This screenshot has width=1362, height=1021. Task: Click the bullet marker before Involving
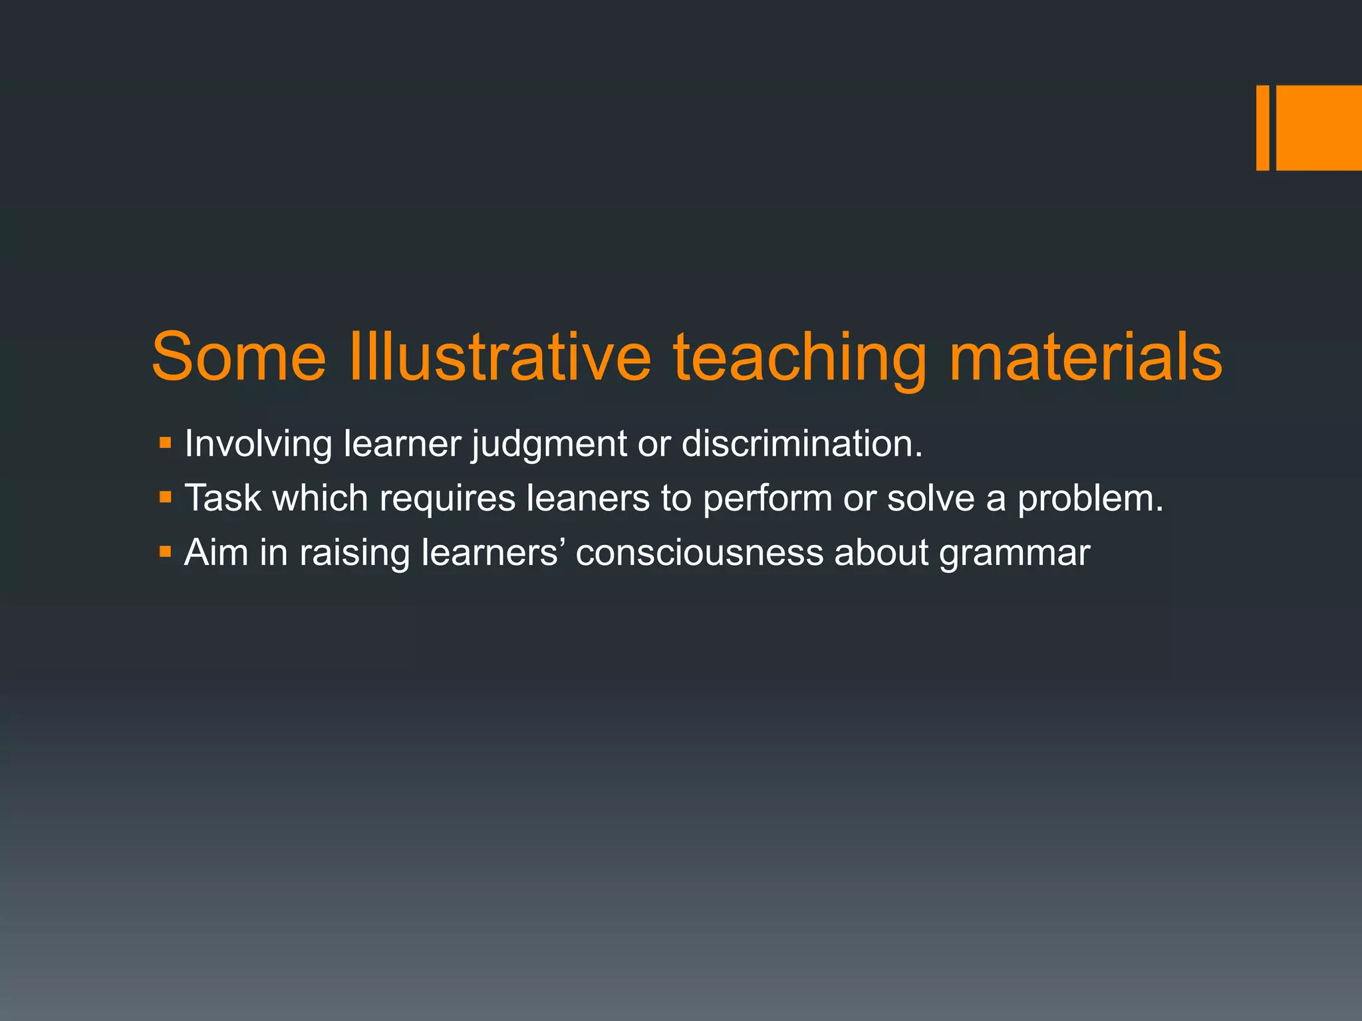(166, 442)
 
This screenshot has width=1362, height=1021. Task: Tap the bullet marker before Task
(166, 497)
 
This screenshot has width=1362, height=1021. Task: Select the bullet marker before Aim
(166, 551)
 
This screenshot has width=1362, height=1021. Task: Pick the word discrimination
(801, 443)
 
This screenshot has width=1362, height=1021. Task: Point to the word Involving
(258, 444)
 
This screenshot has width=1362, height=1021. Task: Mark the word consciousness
(699, 553)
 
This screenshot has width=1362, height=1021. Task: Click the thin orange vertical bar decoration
(1262, 128)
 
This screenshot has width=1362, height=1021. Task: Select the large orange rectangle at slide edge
(1319, 128)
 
